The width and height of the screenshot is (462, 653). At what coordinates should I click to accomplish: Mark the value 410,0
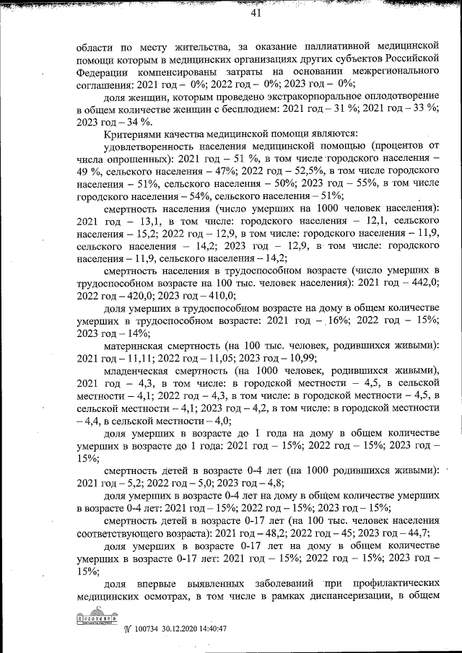pyautogui.click(x=219, y=294)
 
